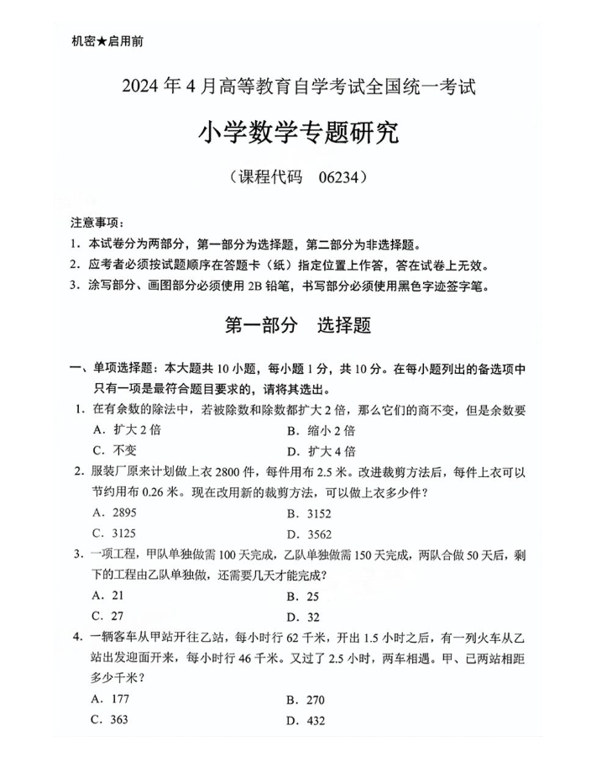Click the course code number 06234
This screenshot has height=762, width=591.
click(340, 178)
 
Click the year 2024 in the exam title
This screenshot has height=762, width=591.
click(144, 85)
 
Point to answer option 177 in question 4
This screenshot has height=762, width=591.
click(121, 698)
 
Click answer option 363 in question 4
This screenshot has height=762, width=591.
click(121, 719)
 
